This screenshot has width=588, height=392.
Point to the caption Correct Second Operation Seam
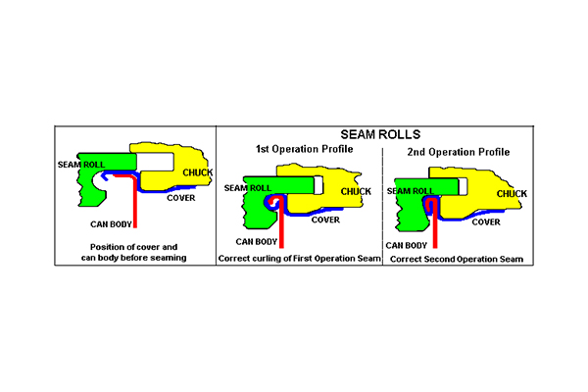click(456, 259)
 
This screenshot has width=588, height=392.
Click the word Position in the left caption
click(106, 245)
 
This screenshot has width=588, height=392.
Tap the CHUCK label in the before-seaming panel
click(197, 172)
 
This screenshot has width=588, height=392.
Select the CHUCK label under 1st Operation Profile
click(355, 190)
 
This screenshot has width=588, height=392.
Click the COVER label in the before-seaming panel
click(180, 197)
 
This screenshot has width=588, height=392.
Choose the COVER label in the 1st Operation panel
click(326, 220)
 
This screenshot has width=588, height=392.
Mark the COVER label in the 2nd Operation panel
click(487, 221)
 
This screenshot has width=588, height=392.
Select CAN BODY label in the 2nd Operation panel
click(406, 244)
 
